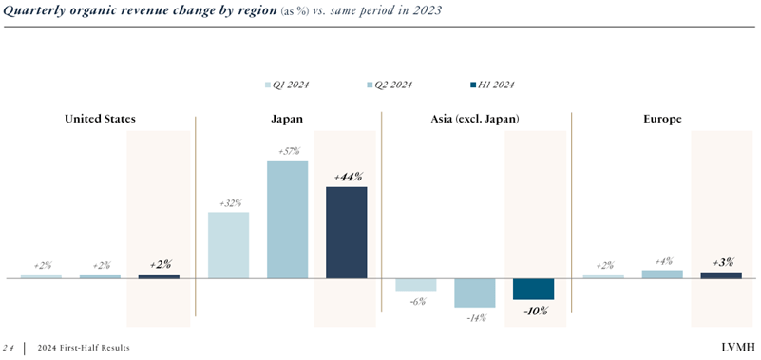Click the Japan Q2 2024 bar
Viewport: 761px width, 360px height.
[x=287, y=219]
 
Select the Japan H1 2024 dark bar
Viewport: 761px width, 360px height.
[x=346, y=233]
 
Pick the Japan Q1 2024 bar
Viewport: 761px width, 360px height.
[x=228, y=245]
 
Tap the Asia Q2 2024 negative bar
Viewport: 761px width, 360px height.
[x=474, y=293]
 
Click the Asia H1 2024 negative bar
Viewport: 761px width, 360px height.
[x=533, y=289]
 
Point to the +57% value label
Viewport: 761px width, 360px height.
[x=287, y=151]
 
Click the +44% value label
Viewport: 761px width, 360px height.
[x=347, y=177]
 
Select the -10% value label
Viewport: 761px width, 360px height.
[x=533, y=311]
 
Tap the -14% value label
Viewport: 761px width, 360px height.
[x=474, y=317]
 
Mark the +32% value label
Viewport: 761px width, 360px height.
[x=229, y=203]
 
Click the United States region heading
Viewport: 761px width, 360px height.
[x=100, y=119]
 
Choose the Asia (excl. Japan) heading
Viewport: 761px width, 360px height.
[x=475, y=119]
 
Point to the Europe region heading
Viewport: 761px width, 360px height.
[x=661, y=119]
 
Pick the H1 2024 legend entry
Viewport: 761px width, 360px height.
[x=491, y=85]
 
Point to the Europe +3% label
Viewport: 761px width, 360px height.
[x=722, y=262]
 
